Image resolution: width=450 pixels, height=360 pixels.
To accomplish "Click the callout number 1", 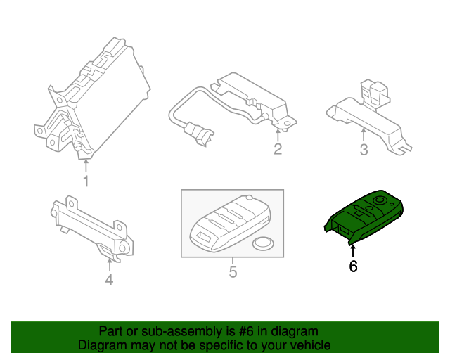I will (86, 181).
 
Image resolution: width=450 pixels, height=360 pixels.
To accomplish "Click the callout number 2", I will (278, 148).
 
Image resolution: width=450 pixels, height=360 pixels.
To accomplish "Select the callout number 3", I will (364, 149).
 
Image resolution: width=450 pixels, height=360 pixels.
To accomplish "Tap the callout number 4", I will (108, 280).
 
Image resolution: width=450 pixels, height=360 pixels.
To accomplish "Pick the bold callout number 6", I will (353, 266).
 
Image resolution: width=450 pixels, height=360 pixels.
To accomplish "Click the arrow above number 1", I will (86, 166).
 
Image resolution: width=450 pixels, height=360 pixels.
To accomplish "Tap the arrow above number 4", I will (108, 264).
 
